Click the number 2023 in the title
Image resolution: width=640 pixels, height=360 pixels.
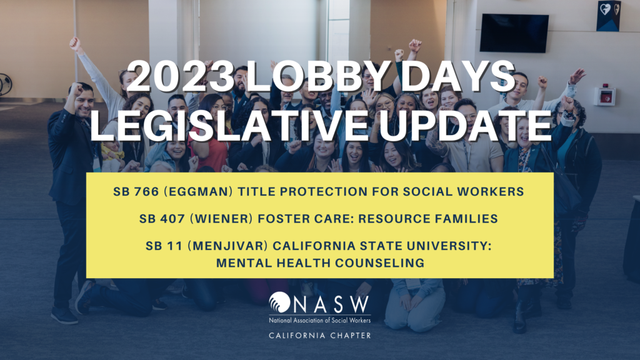pos(181,76)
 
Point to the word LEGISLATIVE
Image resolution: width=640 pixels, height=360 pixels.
pos(229,124)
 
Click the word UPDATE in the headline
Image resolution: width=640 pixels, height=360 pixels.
pos(465,124)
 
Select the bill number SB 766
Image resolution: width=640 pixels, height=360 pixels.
pos(136,191)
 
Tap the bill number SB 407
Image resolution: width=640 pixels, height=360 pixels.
pos(162,219)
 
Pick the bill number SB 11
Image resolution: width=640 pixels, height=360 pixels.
pos(164,246)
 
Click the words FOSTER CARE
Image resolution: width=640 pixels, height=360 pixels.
pos(306,219)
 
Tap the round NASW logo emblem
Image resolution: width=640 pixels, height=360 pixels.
pos(279,302)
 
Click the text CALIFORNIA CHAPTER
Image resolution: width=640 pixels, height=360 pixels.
pos(320,336)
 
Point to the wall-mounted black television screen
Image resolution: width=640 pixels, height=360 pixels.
pos(514,34)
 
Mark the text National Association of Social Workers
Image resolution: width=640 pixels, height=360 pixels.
pos(320,321)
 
